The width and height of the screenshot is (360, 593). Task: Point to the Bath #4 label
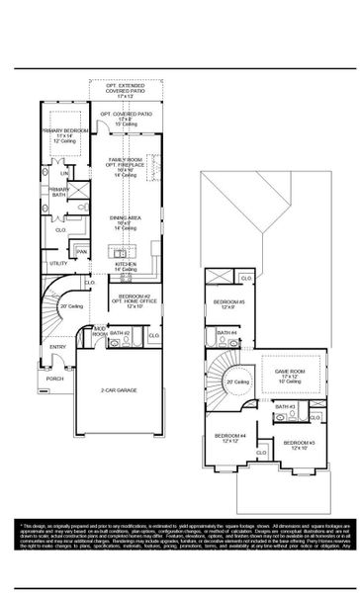tap(227, 333)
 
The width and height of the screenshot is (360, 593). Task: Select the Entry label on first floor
tap(57, 346)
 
